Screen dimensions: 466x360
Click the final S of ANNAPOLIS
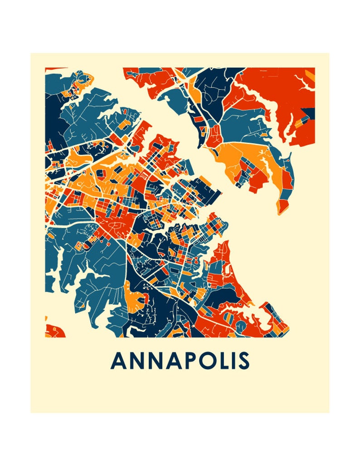pos(243,361)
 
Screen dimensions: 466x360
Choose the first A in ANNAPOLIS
pos(118,361)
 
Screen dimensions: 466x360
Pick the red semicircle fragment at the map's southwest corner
pos(54,331)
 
